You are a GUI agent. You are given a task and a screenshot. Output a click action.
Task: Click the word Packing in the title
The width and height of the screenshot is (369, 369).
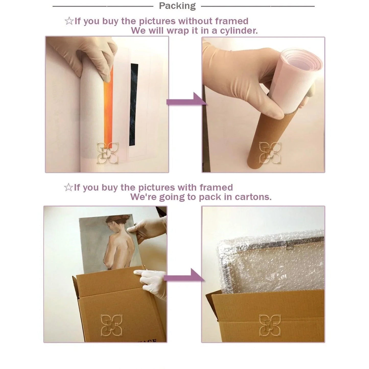tap(177, 6)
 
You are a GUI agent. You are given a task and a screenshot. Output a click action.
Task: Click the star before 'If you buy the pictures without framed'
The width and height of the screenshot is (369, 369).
tap(69, 21)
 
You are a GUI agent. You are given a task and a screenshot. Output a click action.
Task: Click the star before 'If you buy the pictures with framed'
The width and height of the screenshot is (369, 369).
tap(68, 187)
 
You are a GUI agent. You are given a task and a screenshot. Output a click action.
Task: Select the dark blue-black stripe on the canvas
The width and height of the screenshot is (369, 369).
tap(134, 104)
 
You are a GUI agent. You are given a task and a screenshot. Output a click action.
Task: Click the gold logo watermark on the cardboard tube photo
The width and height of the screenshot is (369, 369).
tap(270, 153)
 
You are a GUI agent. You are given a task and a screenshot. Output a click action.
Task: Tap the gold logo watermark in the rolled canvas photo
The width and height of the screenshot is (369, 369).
tap(108, 153)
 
